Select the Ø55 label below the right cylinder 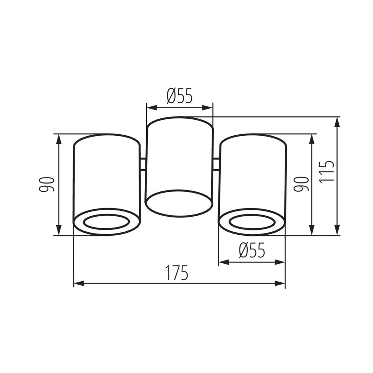pos(252,250)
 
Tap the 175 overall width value pos(177,274)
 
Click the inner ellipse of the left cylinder pos(106,222)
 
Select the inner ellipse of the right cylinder pos(252,222)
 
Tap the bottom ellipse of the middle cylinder pos(179,203)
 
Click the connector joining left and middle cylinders pos(142,164)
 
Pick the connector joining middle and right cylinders pos(216,164)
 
